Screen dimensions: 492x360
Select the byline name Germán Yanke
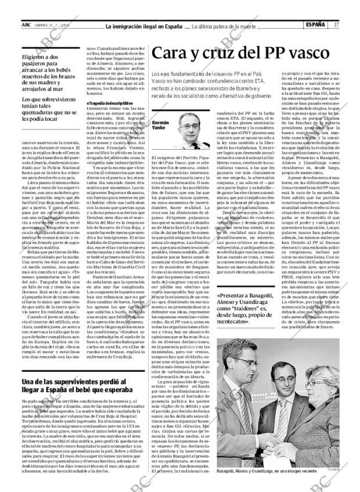click(160, 127)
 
